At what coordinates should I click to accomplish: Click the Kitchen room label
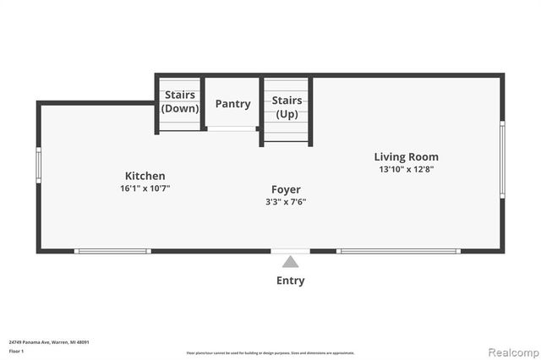tap(142, 176)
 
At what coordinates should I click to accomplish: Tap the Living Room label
tap(407, 156)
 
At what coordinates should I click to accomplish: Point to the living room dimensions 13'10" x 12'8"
tap(407, 169)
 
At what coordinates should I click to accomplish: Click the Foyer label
tap(286, 189)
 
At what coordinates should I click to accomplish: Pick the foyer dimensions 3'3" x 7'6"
tap(286, 202)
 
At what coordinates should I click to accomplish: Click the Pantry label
tap(232, 104)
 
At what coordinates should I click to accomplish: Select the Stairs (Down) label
tap(180, 101)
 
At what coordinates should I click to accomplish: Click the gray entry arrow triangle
tap(290, 262)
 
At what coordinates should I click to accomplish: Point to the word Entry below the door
tap(290, 281)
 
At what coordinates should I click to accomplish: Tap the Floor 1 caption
tap(16, 350)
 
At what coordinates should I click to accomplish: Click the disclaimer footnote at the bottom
tap(270, 353)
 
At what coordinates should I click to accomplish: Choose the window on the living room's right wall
tap(502, 148)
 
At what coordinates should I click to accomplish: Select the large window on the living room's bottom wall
tap(397, 251)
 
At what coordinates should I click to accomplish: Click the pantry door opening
tap(232, 128)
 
